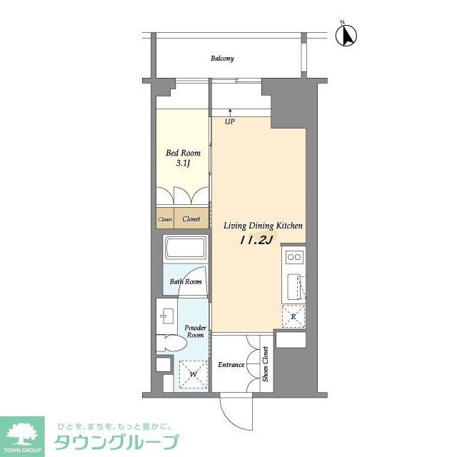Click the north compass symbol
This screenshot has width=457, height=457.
(x=350, y=35)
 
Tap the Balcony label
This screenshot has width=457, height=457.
(x=222, y=59)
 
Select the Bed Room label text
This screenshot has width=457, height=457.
(x=183, y=153)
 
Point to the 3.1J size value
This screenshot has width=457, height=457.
(x=183, y=164)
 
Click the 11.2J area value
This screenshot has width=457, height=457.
(x=255, y=240)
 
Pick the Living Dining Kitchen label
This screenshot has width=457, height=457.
(x=263, y=226)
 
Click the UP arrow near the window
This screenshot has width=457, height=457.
(x=230, y=113)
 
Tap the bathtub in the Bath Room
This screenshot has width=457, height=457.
(x=185, y=251)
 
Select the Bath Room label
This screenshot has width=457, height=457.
(x=186, y=281)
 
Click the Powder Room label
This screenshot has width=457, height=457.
(x=196, y=331)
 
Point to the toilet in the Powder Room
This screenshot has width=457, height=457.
(x=171, y=343)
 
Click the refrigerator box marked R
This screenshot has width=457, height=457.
(x=293, y=316)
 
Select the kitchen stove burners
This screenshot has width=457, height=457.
(x=293, y=256)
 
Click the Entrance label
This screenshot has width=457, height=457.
(x=231, y=365)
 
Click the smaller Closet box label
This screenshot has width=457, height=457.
(x=165, y=219)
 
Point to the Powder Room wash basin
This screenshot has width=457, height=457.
(x=169, y=315)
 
